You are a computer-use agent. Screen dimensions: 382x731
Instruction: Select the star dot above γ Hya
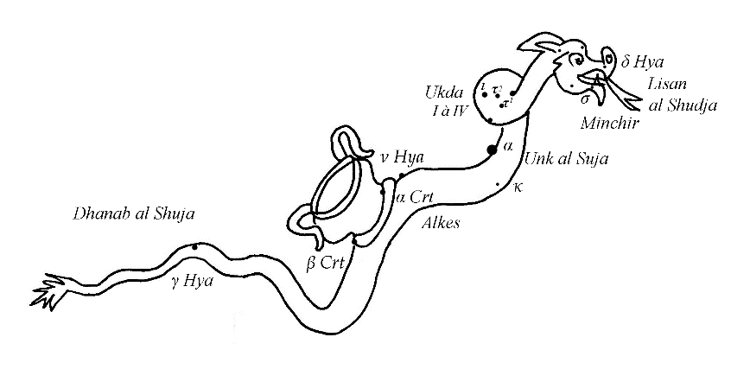pyautogui.click(x=195, y=247)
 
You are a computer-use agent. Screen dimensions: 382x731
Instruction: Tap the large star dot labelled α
pyautogui.click(x=492, y=150)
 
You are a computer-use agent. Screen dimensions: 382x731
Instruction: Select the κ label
pyautogui.click(x=517, y=187)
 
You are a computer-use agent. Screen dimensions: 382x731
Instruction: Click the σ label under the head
pyautogui.click(x=585, y=98)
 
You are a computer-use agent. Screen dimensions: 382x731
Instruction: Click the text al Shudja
pyautogui.click(x=681, y=105)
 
